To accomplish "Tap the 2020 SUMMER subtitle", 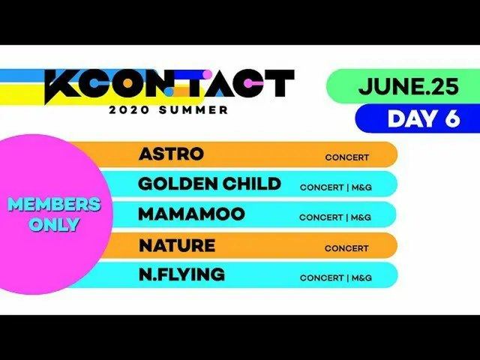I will click(x=169, y=109).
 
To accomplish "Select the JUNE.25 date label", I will click(x=408, y=86).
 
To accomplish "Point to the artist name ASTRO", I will click(x=171, y=154).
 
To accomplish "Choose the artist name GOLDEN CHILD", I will click(x=209, y=184).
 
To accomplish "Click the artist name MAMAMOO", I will click(x=191, y=214).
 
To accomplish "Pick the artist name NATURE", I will click(x=177, y=245).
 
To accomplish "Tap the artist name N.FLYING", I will click(x=181, y=274).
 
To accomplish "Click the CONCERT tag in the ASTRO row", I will click(x=346, y=157).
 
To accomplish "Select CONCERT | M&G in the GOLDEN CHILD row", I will click(x=335, y=187).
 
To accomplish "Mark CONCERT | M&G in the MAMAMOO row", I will click(x=335, y=217).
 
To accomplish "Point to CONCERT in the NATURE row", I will click(x=346, y=248).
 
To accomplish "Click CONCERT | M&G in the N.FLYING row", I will click(x=335, y=277).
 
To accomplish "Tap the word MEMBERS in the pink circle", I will click(x=54, y=205).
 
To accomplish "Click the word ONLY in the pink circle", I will click(x=54, y=223).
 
